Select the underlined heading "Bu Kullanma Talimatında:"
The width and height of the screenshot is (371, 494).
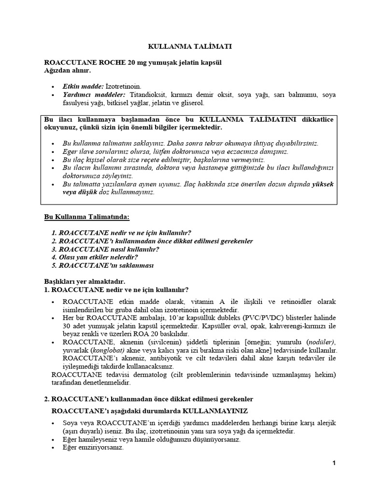(86, 217)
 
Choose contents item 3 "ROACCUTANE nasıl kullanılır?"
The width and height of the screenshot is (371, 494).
(105, 249)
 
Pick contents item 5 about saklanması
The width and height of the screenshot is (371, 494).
(103, 265)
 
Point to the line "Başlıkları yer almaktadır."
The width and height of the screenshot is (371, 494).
(85, 281)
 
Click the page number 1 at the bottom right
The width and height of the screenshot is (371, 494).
(333, 463)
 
